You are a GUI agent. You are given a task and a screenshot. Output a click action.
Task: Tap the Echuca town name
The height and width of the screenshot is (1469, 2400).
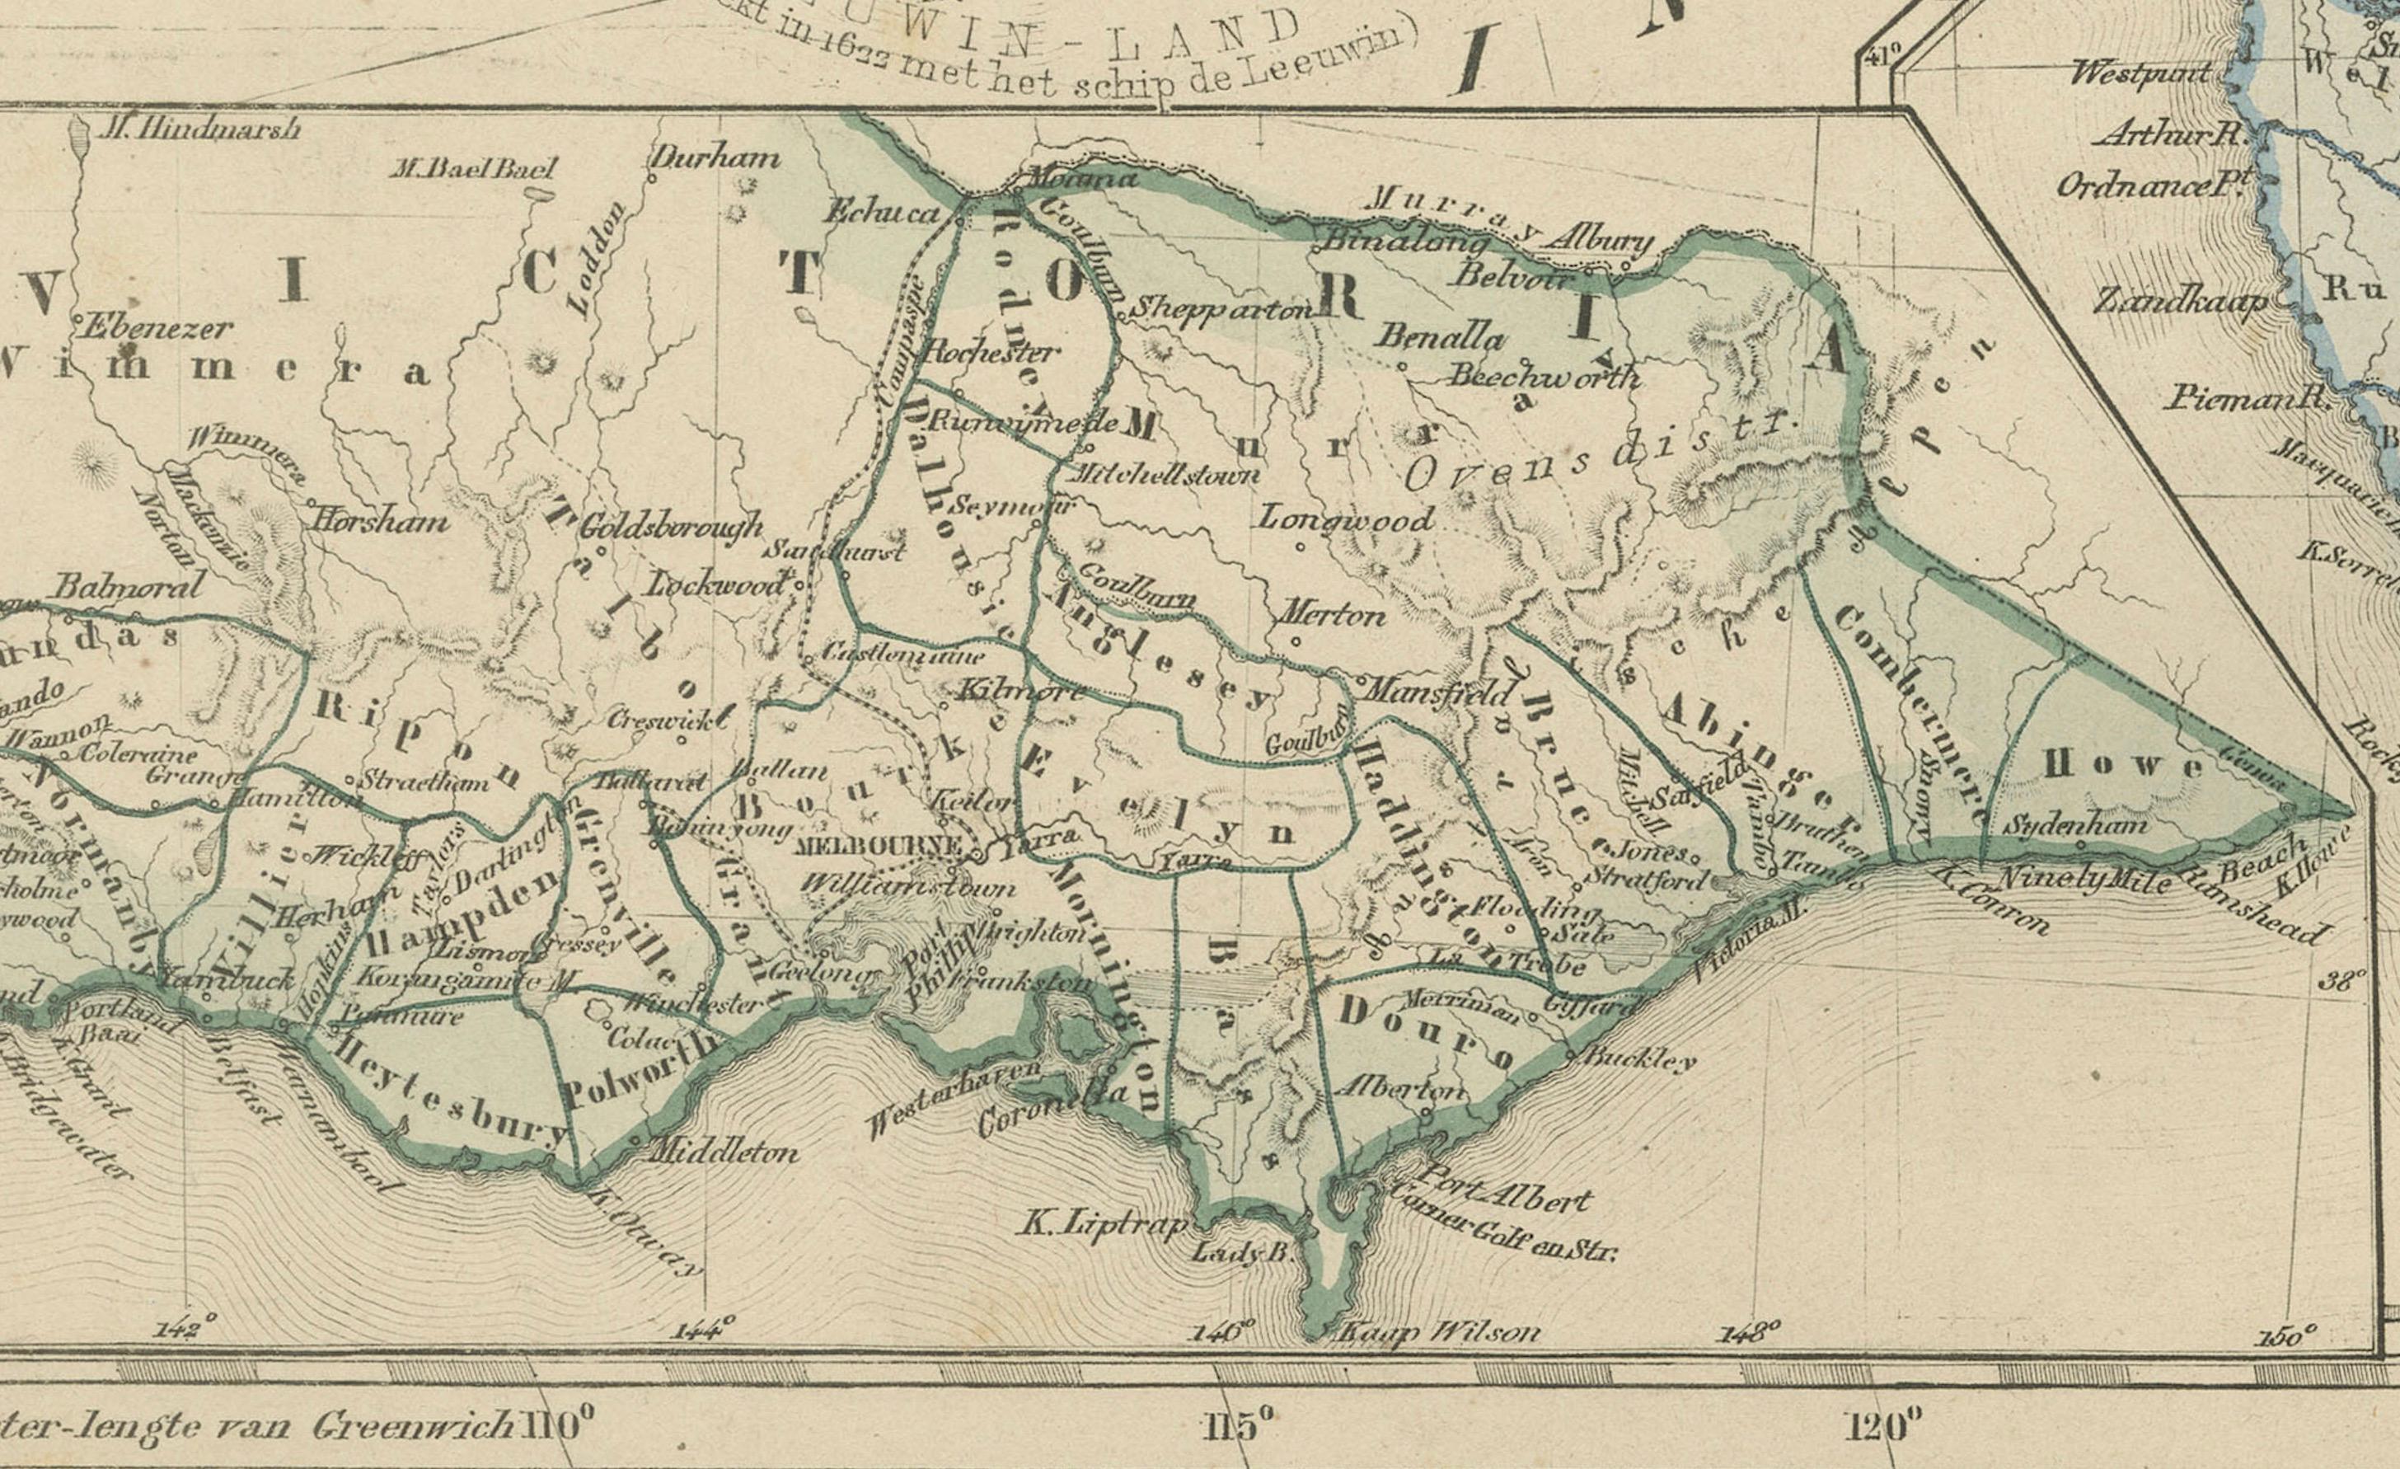pos(883,214)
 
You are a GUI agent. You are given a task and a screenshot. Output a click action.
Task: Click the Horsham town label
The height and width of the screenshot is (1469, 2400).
pos(379,521)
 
